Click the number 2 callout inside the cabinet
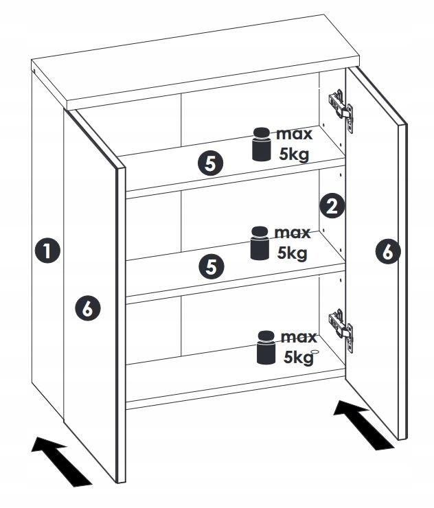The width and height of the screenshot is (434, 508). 332,206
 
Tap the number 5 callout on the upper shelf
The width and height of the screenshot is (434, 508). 211,163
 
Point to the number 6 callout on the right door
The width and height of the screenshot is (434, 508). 388,252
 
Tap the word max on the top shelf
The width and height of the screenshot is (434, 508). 294,133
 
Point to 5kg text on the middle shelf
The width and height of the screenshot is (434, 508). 292,253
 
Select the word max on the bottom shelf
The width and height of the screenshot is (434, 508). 298,337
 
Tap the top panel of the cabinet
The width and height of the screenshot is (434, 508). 199,65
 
